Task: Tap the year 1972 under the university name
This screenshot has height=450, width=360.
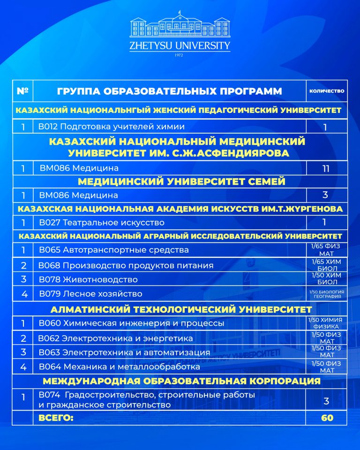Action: click(180, 55)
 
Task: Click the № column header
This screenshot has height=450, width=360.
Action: click(22, 91)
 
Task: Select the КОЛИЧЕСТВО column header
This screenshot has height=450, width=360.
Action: click(327, 91)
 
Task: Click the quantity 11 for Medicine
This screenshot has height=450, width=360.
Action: click(326, 168)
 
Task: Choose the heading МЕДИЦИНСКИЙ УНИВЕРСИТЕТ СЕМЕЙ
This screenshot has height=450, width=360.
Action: click(181, 182)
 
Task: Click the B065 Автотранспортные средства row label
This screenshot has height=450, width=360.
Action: click(114, 250)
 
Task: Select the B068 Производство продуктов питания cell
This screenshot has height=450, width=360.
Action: click(126, 265)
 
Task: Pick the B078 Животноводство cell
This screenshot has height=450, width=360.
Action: click(89, 279)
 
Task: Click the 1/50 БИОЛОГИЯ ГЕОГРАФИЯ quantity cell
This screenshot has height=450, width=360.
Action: click(327, 294)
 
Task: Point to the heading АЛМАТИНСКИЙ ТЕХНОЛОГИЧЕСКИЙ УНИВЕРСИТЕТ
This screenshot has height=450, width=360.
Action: click(180, 309)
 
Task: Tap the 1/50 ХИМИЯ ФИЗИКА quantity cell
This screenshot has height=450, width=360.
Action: click(327, 323)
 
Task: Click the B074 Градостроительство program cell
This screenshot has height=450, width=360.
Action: click(147, 399)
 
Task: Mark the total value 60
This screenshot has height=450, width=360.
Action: click(327, 417)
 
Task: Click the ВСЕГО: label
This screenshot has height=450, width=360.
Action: click(56, 417)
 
